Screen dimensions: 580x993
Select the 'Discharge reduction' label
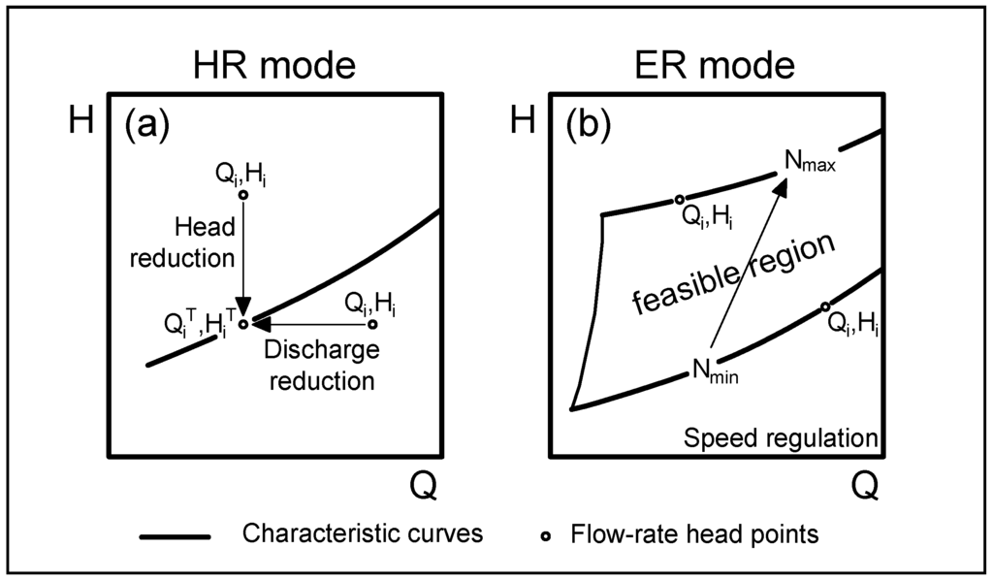pyautogui.click(x=321, y=364)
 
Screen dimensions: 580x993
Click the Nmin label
pyautogui.click(x=715, y=370)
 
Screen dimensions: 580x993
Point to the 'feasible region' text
pyautogui.click(x=733, y=274)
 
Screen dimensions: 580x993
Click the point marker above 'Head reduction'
pyautogui.click(x=243, y=195)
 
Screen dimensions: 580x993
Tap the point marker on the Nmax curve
pyautogui.click(x=680, y=200)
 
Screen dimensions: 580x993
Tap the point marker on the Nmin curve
pyautogui.click(x=824, y=306)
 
